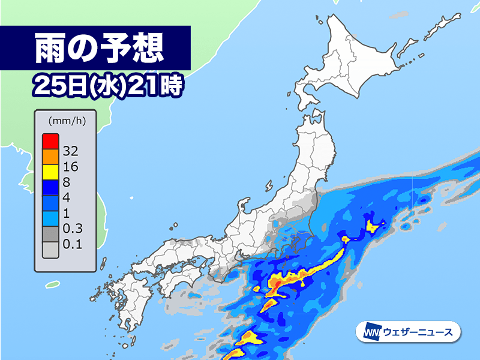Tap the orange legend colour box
pyautogui.click(x=50, y=156)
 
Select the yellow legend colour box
pyautogui.click(x=50, y=171)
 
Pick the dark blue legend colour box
pyautogui.click(x=50, y=186)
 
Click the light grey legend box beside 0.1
pyautogui.click(x=50, y=248)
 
